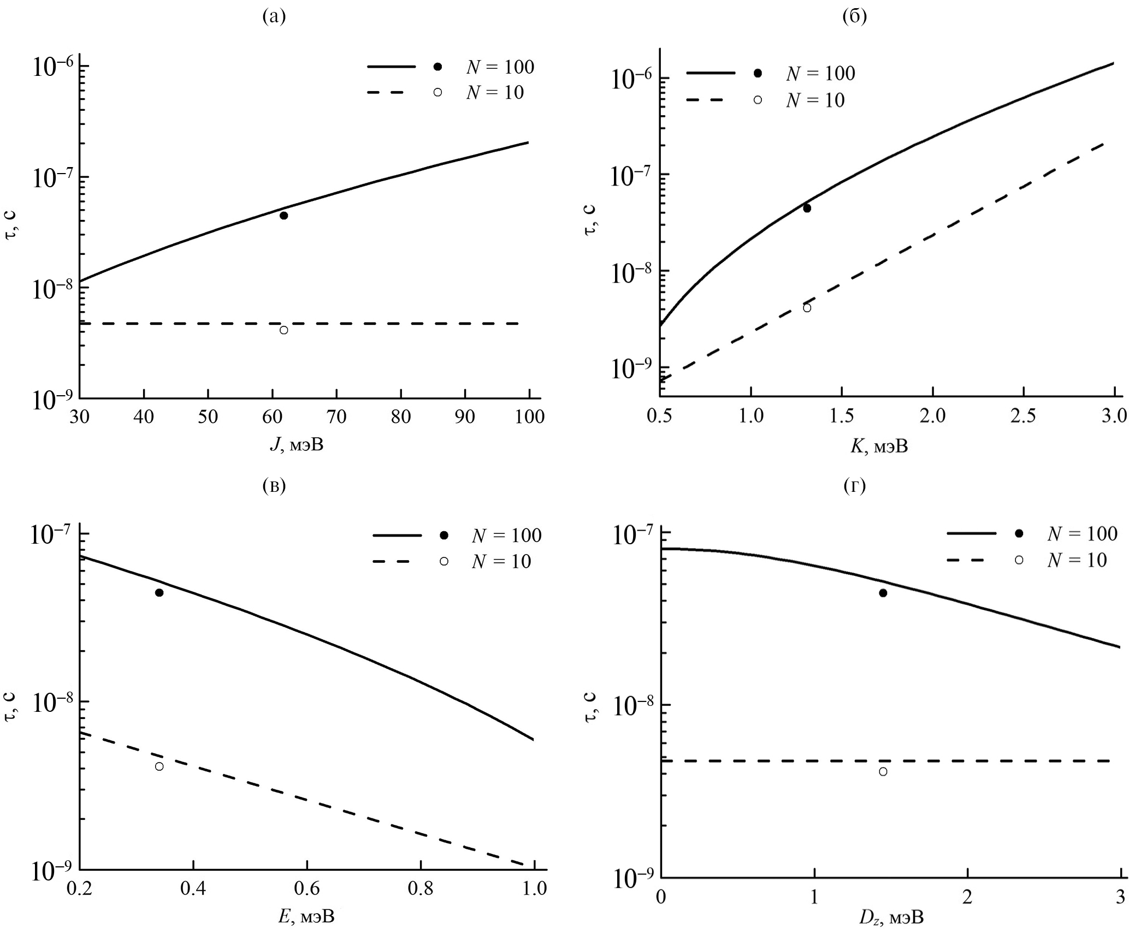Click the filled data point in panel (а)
click(x=283, y=216)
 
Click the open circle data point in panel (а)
click(x=283, y=330)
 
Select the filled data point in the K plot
click(x=807, y=208)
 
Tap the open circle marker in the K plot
click(x=807, y=308)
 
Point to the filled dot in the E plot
click(x=159, y=593)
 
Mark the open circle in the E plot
click(x=159, y=766)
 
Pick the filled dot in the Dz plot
click(x=883, y=593)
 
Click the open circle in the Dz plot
click(x=883, y=772)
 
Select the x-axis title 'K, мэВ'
click(x=879, y=447)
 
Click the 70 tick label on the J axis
click(x=336, y=417)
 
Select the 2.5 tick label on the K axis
click(x=1023, y=416)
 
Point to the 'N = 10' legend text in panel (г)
click(x=1077, y=561)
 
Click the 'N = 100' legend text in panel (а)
click(x=500, y=67)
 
